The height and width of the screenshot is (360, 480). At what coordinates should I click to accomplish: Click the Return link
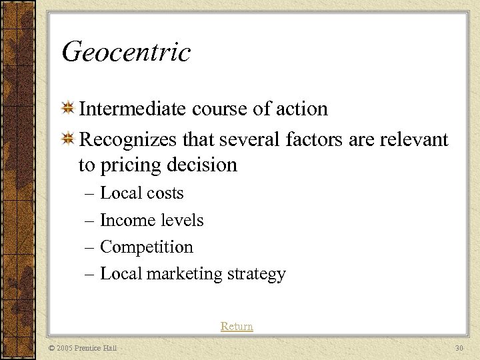237,327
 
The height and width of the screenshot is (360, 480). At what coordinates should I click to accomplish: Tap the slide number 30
458,348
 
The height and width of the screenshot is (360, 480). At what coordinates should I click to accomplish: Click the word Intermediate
132,109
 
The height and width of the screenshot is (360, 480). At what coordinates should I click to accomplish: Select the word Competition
146,247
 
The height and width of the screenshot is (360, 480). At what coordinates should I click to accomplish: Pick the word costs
166,193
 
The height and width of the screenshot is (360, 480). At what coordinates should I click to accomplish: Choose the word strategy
256,274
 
